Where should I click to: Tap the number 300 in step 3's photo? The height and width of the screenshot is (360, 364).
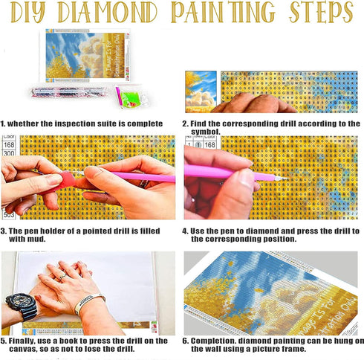[10, 153]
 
